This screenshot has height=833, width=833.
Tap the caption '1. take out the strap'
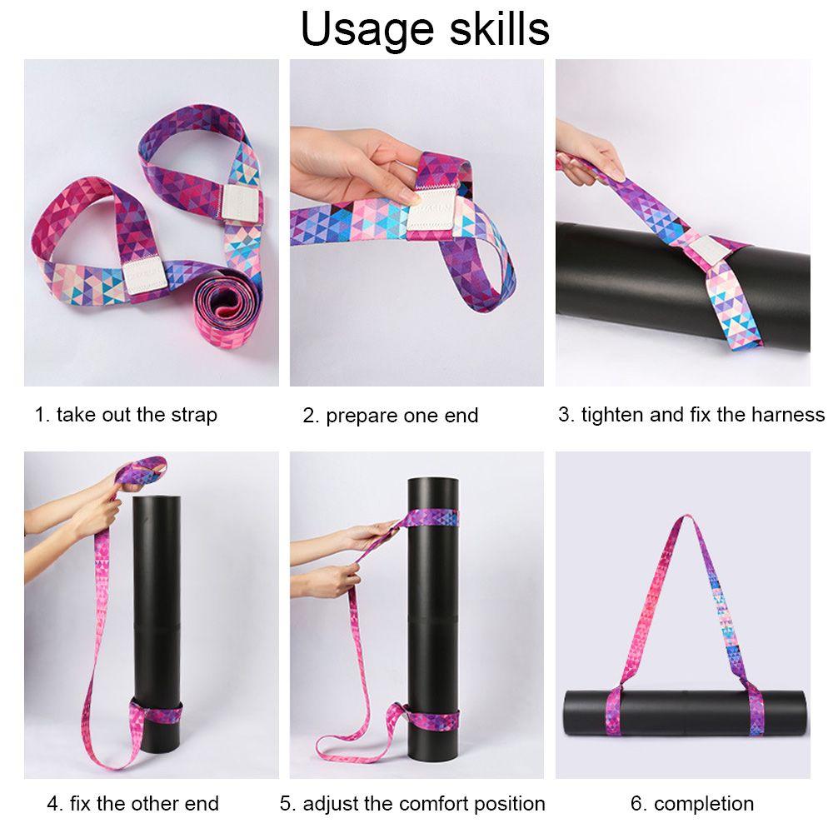(126, 415)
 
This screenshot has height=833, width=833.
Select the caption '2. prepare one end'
(390, 416)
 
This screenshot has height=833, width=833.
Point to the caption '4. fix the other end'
(132, 804)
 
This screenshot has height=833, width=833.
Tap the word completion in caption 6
(703, 804)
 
